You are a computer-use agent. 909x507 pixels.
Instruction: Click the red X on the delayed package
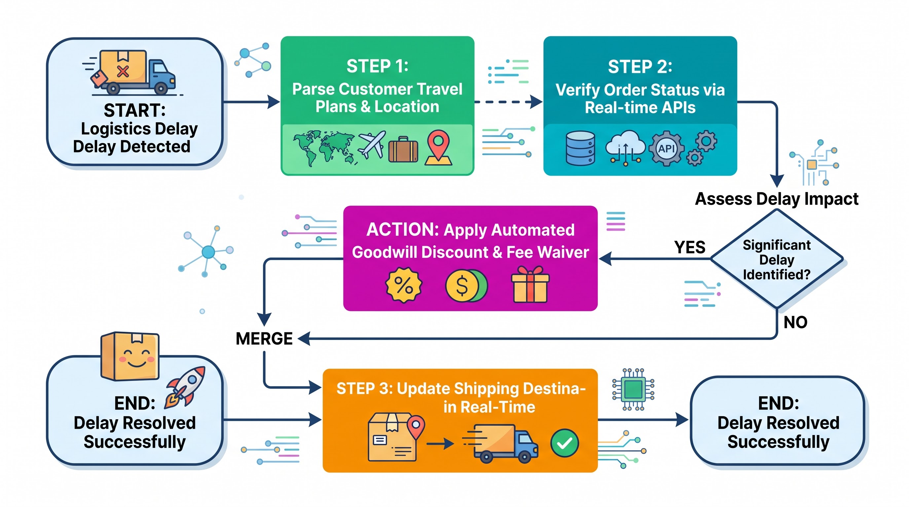[x=123, y=72]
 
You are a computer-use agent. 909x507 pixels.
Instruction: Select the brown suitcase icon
[x=403, y=150]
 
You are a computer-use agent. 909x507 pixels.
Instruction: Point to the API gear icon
[x=666, y=149]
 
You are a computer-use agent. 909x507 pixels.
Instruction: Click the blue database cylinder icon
[x=580, y=148]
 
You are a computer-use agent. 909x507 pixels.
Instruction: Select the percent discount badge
[x=404, y=285]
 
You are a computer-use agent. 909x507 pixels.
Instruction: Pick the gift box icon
[x=530, y=284]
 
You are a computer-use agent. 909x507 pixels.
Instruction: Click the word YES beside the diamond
[x=690, y=247]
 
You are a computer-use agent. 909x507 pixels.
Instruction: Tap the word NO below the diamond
[x=795, y=322]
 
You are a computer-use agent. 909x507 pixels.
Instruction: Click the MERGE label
[x=264, y=338]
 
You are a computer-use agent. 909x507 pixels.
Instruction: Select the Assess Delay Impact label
[x=777, y=199]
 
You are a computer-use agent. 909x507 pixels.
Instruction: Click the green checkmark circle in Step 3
[x=564, y=443]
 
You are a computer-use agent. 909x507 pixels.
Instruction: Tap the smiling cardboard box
[x=130, y=356]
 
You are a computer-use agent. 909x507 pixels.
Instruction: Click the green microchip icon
[x=633, y=389]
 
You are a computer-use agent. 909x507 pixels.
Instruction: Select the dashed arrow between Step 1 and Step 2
[x=508, y=102]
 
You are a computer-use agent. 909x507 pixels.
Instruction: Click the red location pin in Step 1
[x=438, y=147]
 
